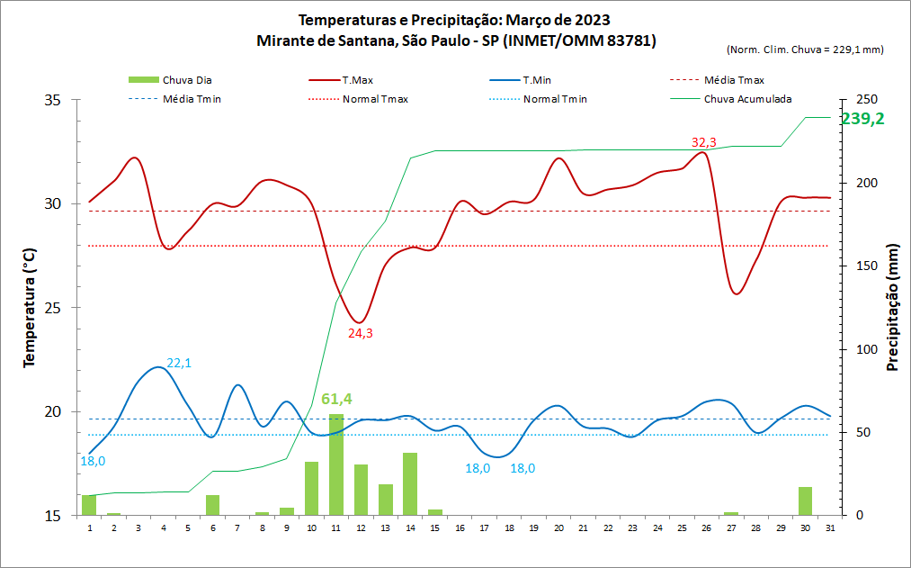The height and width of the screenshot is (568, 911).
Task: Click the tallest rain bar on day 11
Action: click(335, 464)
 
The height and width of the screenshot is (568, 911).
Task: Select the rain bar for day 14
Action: click(410, 484)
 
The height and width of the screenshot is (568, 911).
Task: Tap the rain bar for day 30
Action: click(805, 501)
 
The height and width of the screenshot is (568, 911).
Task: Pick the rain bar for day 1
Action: click(89, 505)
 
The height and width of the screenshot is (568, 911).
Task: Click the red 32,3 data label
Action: click(704, 142)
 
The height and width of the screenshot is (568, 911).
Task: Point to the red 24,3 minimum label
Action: click(361, 333)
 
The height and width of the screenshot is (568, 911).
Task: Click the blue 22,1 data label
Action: click(179, 363)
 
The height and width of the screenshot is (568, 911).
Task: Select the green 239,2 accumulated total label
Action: click(862, 118)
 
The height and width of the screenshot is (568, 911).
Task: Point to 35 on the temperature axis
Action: click(53, 100)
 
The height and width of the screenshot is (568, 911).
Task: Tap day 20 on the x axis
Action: click(558, 528)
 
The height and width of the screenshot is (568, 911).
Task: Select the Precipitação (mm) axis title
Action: click(892, 308)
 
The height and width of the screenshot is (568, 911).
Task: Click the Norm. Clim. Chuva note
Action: click(804, 50)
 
